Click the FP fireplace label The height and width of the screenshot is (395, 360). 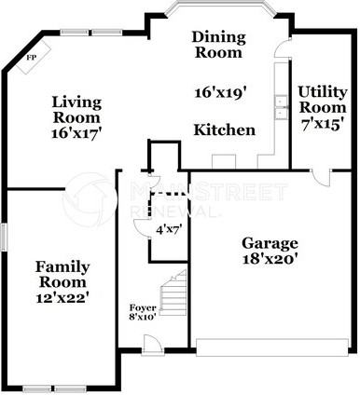pyautogui.click(x=31, y=58)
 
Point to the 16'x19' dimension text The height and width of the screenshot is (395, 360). pyautogui.click(x=218, y=93)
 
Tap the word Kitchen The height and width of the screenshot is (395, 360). pyautogui.click(x=224, y=129)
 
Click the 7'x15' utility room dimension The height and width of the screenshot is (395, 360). pyautogui.click(x=323, y=123)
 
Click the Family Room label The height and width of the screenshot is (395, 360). pyautogui.click(x=62, y=274)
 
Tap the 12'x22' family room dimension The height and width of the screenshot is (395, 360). pyautogui.click(x=62, y=297)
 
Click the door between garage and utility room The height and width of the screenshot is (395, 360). pyautogui.click(x=321, y=177)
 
